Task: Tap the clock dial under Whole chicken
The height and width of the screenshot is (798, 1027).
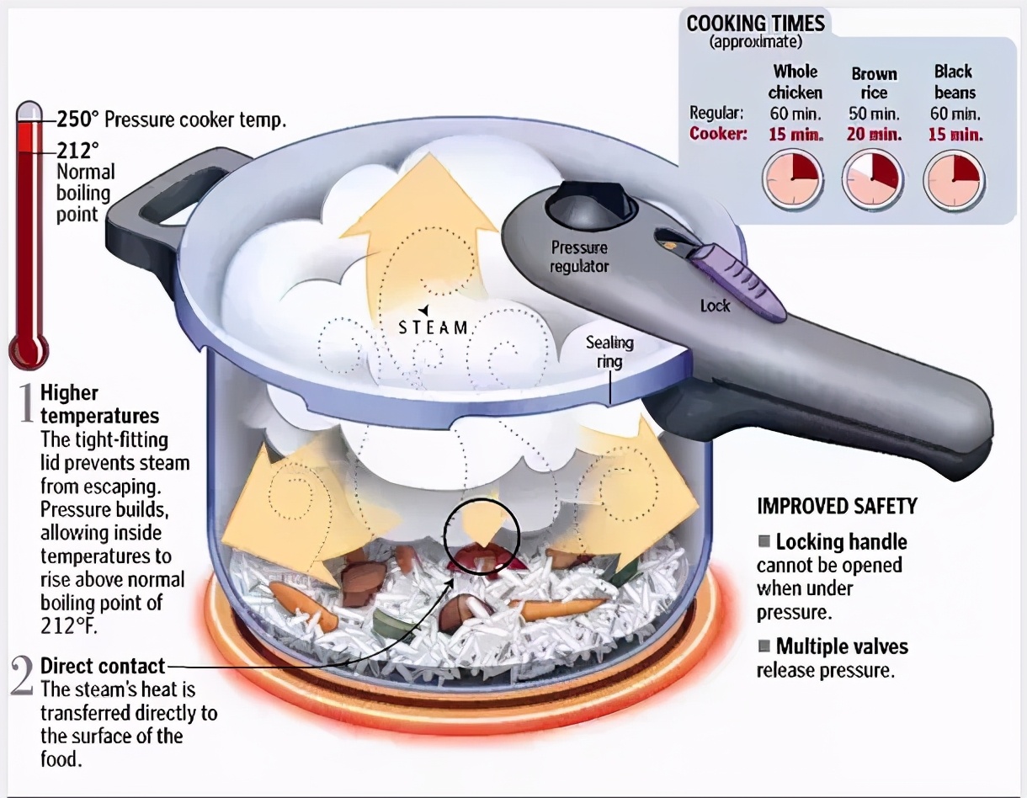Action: [792, 179]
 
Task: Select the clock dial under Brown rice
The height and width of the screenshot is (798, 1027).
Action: [873, 179]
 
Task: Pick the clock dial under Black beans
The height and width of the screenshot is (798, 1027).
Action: [954, 179]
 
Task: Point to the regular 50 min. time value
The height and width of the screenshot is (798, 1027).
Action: [874, 113]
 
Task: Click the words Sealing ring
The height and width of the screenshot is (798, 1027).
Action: [609, 352]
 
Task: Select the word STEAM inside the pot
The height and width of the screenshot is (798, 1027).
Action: [434, 327]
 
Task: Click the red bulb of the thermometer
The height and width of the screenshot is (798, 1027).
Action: [29, 347]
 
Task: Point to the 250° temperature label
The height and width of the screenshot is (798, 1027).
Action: [74, 120]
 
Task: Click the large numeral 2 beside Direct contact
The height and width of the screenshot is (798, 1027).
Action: [24, 675]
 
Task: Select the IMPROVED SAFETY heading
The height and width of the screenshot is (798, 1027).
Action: [837, 506]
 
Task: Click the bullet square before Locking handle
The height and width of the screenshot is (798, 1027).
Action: [764, 541]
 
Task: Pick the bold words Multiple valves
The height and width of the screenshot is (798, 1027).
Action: [842, 646]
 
